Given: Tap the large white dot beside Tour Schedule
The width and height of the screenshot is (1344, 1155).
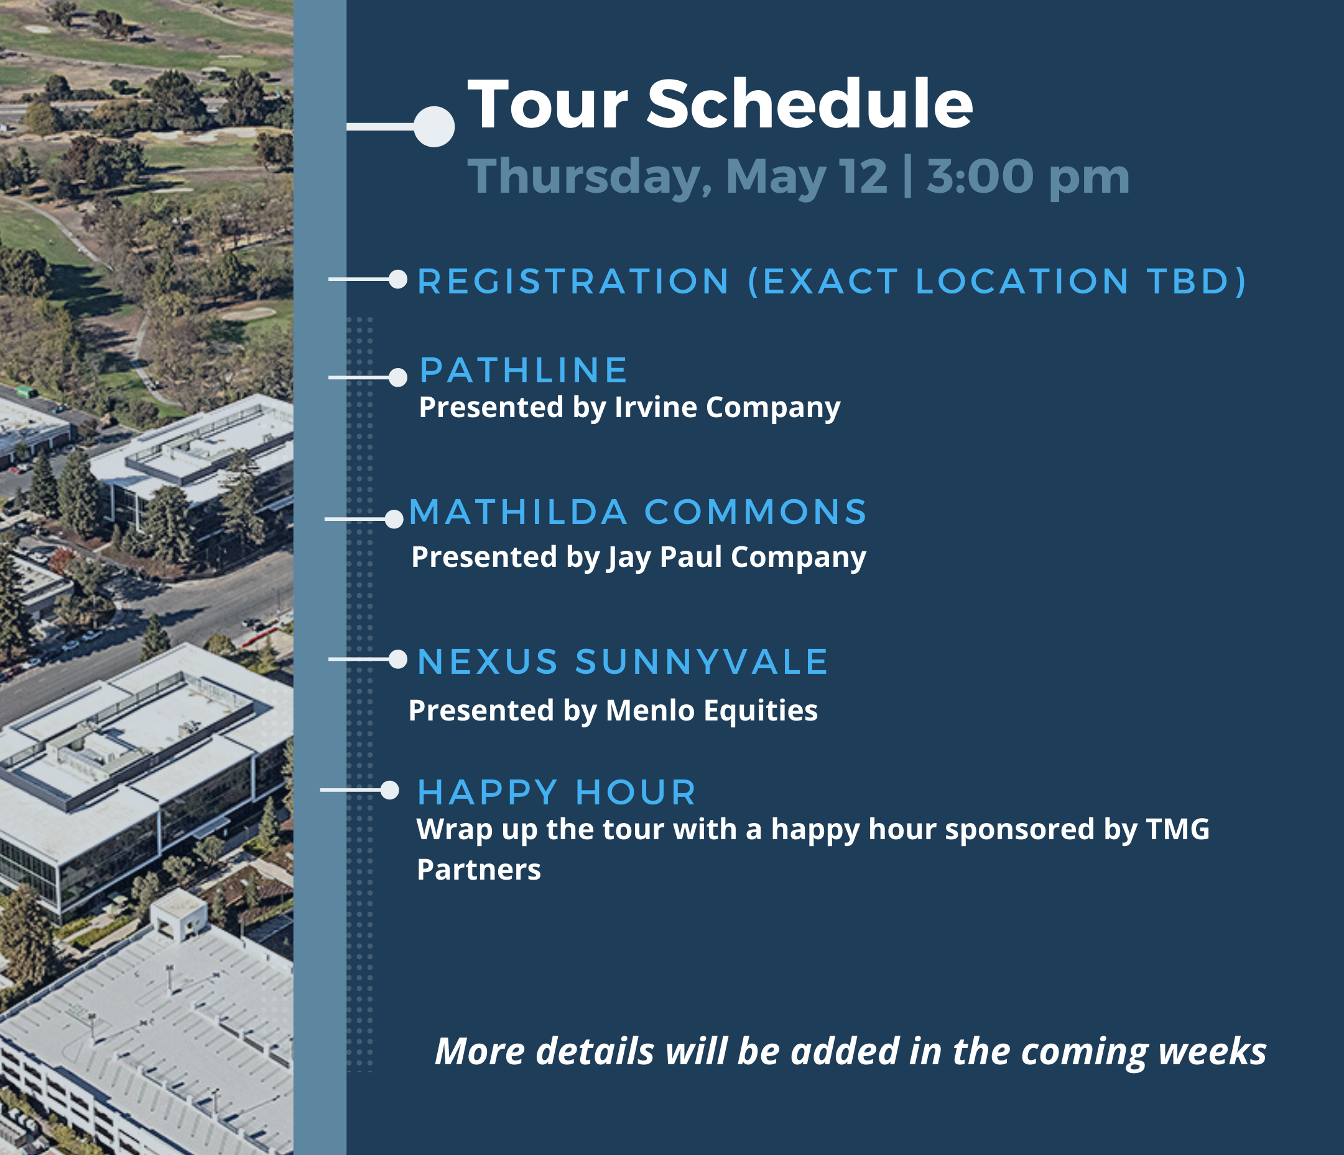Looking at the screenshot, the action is point(434,126).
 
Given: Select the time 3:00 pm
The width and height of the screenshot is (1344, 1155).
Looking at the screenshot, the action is point(1028,177).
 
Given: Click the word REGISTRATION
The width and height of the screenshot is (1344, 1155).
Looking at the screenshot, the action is point(574,282).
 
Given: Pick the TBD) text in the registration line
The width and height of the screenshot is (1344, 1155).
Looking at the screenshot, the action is point(1197,282).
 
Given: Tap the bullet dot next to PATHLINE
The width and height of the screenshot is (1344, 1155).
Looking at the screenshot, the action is point(397,377).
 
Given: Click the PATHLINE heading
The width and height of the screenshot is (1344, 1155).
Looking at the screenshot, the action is point(523,370).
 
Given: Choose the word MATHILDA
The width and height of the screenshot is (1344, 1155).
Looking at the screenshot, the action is point(518,512).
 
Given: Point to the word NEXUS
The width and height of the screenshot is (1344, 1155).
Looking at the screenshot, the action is point(488,661).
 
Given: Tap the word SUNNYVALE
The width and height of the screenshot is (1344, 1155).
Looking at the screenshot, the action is point(701,661).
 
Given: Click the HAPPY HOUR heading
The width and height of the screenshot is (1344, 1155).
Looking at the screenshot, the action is point(557,792).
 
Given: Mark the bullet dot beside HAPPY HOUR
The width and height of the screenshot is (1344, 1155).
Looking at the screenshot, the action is point(390,790).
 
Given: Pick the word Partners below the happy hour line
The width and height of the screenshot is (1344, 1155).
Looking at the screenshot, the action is point(479,870).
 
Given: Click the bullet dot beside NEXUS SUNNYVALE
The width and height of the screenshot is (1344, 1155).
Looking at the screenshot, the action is point(397,660).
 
